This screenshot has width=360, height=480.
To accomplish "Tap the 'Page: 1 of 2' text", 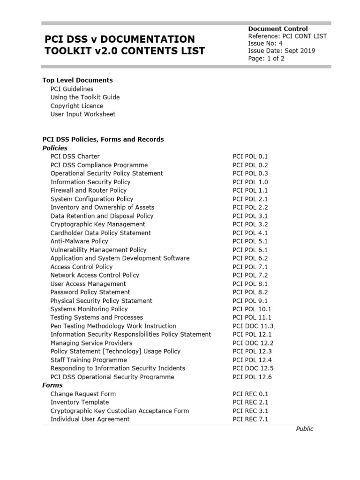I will pos(266,59).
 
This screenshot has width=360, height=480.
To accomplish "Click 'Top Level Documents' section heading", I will pos(77,80).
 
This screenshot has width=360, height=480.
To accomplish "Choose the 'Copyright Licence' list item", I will pos(77,106).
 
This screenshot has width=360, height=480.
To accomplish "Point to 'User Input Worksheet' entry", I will pos(83,114).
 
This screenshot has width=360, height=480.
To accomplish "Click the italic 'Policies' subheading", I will pos(55,148).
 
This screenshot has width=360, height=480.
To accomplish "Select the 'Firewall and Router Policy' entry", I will pos(89,190).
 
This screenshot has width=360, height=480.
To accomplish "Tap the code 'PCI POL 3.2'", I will pos(250,225).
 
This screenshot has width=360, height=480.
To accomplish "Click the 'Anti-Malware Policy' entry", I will pos(79,241).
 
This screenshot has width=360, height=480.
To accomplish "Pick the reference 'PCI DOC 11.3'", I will pos(253,326).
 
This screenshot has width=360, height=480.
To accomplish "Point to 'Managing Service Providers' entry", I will pos(91,343).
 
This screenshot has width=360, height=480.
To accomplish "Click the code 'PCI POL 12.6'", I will pos(252,377).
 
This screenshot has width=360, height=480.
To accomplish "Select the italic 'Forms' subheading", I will pos(52,385).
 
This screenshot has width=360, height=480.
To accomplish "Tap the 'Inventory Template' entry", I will pos(80,403).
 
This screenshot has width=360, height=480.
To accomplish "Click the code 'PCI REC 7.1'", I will pos(250,420).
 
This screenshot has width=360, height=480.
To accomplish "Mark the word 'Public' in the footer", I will pos(304,429).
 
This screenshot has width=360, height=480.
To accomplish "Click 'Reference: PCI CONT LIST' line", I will pos(287,36).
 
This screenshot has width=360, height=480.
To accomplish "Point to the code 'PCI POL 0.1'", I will pos(250,157).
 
